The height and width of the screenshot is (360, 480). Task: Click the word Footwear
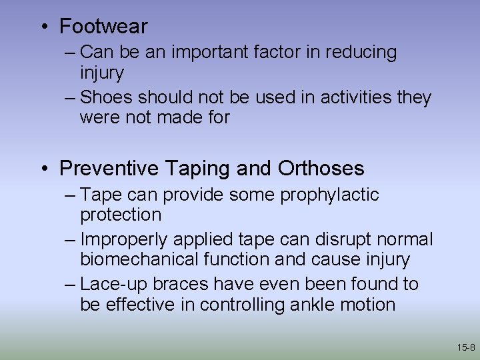[x=103, y=27]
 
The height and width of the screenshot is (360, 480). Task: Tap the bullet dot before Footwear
[x=44, y=27]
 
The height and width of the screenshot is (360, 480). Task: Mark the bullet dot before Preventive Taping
[x=44, y=169]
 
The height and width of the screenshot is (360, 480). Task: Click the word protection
[x=121, y=215]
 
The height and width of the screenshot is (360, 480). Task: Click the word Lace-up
[x=114, y=284]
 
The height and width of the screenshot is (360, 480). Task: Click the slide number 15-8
[x=466, y=347]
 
